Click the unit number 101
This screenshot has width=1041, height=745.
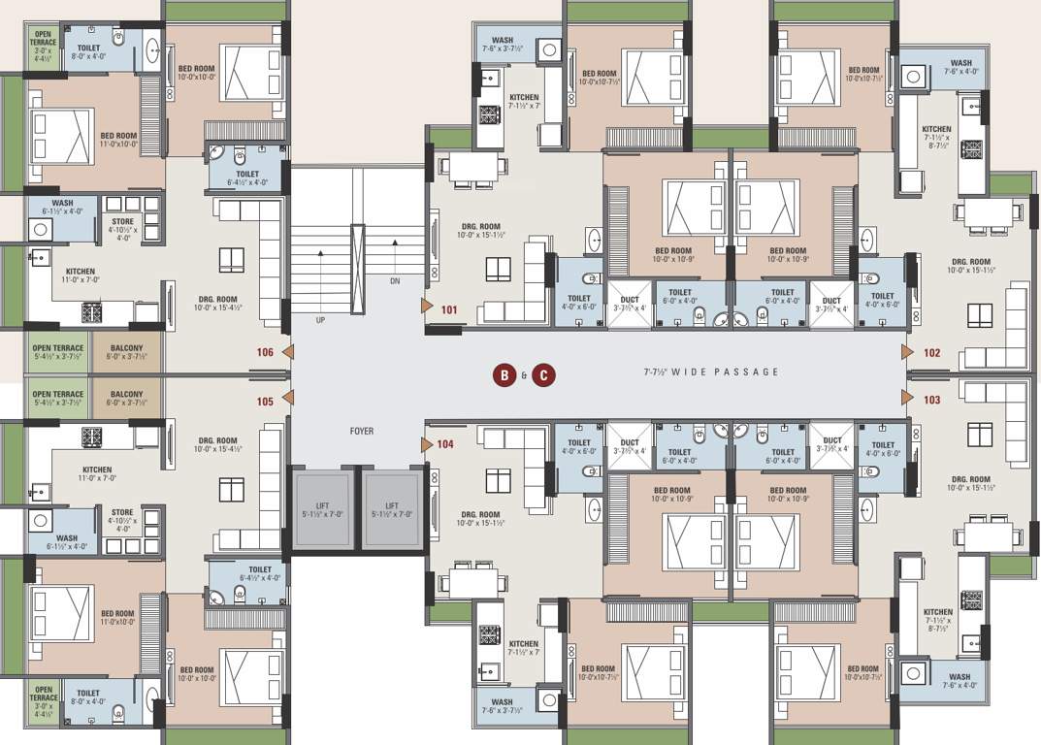click(x=448, y=311)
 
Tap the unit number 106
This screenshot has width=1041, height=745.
click(x=265, y=353)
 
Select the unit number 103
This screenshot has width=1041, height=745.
click(x=931, y=400)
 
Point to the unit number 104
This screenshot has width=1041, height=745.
click(x=445, y=444)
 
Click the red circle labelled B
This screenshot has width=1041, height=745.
click(x=504, y=374)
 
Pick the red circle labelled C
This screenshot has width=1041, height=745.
click(x=543, y=374)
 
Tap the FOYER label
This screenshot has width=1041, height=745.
click(x=362, y=432)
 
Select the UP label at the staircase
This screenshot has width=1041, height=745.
click(x=319, y=319)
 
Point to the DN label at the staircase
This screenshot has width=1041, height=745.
click(x=394, y=280)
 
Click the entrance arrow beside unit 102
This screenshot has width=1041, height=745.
click(x=907, y=352)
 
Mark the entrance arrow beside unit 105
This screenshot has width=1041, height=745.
click(x=286, y=398)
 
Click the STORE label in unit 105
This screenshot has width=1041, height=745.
click(x=122, y=512)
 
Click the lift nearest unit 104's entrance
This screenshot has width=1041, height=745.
click(x=391, y=509)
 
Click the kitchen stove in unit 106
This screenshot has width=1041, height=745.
click(x=92, y=311)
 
